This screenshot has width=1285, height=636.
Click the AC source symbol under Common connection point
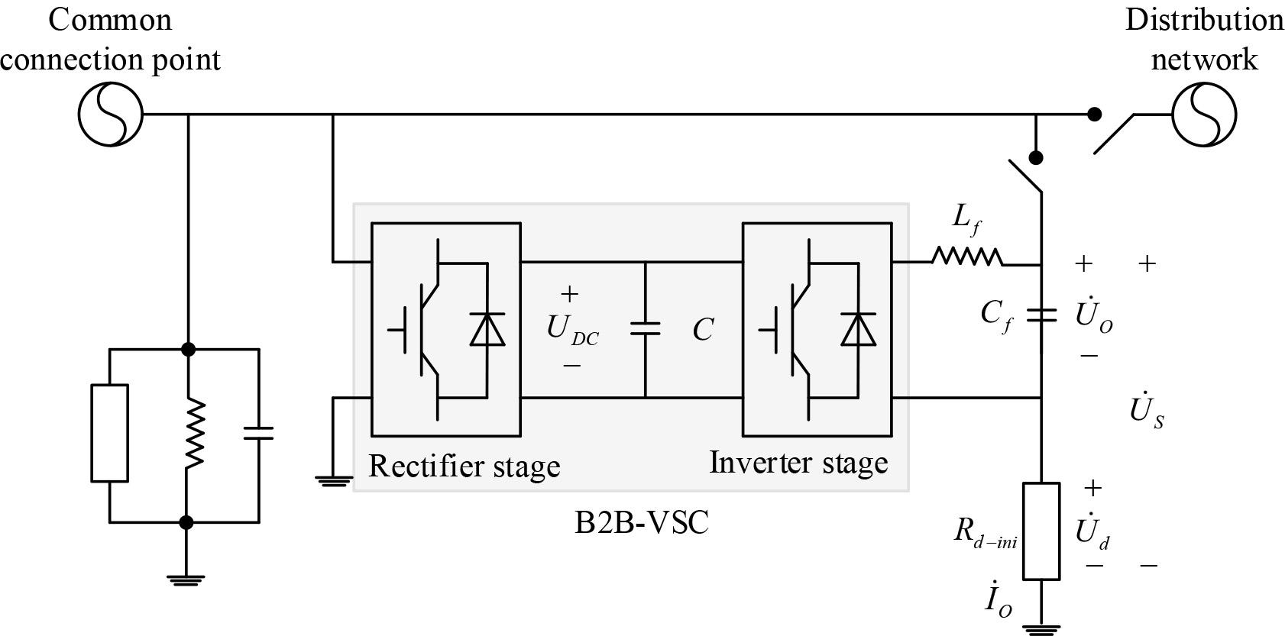(x=111, y=115)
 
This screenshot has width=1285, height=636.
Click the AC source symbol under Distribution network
(x=1203, y=115)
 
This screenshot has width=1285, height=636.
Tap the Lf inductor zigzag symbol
(x=966, y=257)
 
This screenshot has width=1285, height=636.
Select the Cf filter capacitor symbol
(x=1041, y=315)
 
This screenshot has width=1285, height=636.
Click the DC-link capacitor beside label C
(x=646, y=328)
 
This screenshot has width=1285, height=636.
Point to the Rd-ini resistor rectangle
(x=1041, y=531)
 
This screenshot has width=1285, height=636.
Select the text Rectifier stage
(x=464, y=465)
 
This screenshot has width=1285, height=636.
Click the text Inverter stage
(x=798, y=462)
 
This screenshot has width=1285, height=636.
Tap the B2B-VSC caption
(x=641, y=524)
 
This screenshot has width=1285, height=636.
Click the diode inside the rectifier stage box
(x=487, y=330)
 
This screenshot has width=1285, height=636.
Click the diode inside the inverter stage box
(x=858, y=330)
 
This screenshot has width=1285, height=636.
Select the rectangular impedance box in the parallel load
(x=110, y=433)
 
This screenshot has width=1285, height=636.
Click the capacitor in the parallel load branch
(x=258, y=434)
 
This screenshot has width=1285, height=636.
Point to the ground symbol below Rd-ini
(x=1041, y=628)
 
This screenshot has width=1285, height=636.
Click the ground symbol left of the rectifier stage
(x=334, y=480)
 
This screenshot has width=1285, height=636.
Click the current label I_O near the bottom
(x=998, y=600)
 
